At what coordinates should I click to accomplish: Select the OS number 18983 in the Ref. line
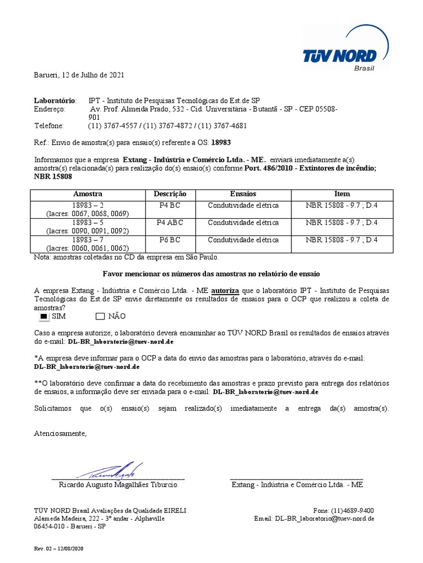click(x=221, y=142)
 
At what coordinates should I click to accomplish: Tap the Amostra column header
click(x=88, y=194)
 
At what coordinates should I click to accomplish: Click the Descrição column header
click(x=170, y=194)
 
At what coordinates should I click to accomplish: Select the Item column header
click(x=342, y=194)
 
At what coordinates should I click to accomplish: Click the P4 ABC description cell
click(x=170, y=223)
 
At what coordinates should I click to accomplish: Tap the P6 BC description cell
click(x=170, y=240)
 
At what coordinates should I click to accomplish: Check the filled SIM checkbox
click(x=44, y=316)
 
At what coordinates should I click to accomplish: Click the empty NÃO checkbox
click(x=100, y=316)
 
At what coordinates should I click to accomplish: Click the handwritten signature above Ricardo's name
click(x=110, y=471)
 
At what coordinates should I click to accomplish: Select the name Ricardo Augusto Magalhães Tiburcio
click(x=118, y=485)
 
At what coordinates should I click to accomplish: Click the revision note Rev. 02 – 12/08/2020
click(x=59, y=549)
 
